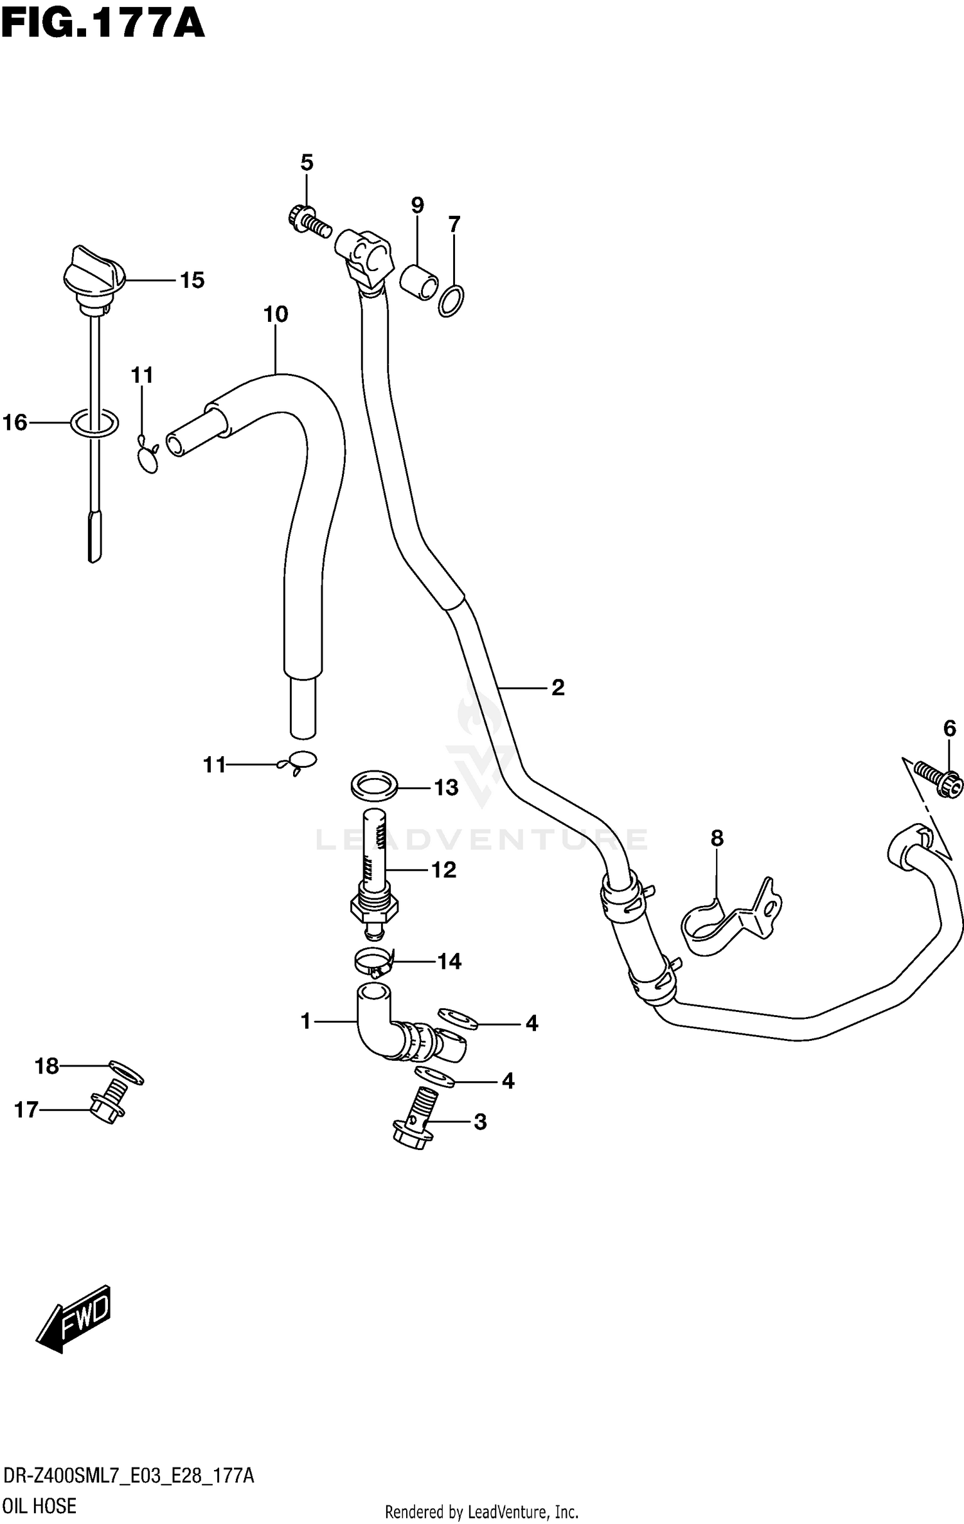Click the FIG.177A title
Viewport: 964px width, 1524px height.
[x=103, y=26]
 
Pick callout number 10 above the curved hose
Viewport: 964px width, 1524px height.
[x=276, y=315]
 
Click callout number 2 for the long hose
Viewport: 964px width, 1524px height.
[x=557, y=687]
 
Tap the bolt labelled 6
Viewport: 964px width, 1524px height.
[x=940, y=781]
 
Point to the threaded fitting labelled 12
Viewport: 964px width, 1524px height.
[x=375, y=874]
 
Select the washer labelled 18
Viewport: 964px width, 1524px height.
[x=127, y=1071]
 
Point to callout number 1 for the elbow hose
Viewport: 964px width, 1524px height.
[x=305, y=1021]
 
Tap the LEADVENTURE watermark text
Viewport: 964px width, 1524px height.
[x=482, y=840]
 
